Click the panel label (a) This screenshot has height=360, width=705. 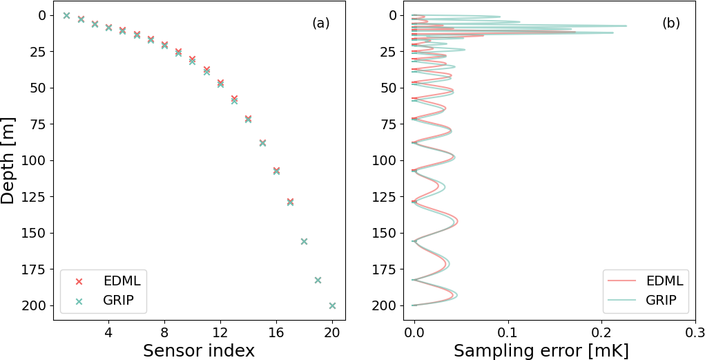coord(320,23)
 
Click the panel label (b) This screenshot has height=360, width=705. coord(670,23)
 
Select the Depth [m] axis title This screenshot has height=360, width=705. coord(8,160)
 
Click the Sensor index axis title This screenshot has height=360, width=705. coord(199,350)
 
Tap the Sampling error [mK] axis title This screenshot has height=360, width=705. coord(541,350)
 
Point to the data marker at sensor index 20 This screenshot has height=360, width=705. coord(332,305)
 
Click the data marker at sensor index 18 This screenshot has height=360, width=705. coord(304,241)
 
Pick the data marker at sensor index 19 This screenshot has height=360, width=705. coord(318,280)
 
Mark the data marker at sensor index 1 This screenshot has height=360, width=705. coord(66,15)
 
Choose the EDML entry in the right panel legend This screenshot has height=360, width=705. coord(665,281)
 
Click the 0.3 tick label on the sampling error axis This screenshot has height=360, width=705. coord(695,332)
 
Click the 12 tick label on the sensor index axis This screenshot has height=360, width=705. coord(220,332)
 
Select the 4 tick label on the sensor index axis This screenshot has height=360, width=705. coord(108,332)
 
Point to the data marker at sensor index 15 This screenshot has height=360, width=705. coord(262,143)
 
